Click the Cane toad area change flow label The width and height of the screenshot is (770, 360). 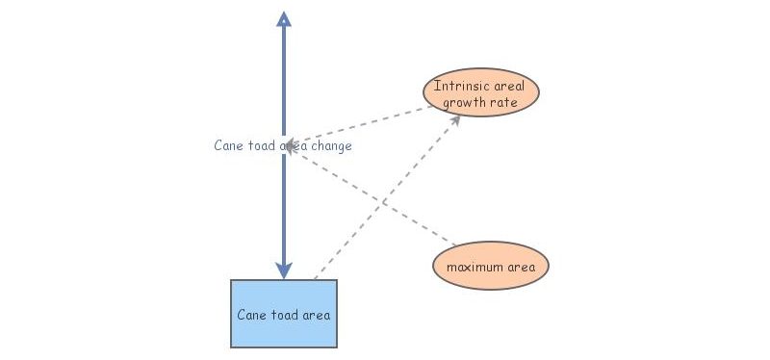(283, 146)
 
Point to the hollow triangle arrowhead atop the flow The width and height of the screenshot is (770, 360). (283, 18)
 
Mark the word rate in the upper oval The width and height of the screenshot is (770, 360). (506, 102)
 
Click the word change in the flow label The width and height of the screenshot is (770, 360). (331, 146)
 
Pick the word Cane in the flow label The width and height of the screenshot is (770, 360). (228, 146)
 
